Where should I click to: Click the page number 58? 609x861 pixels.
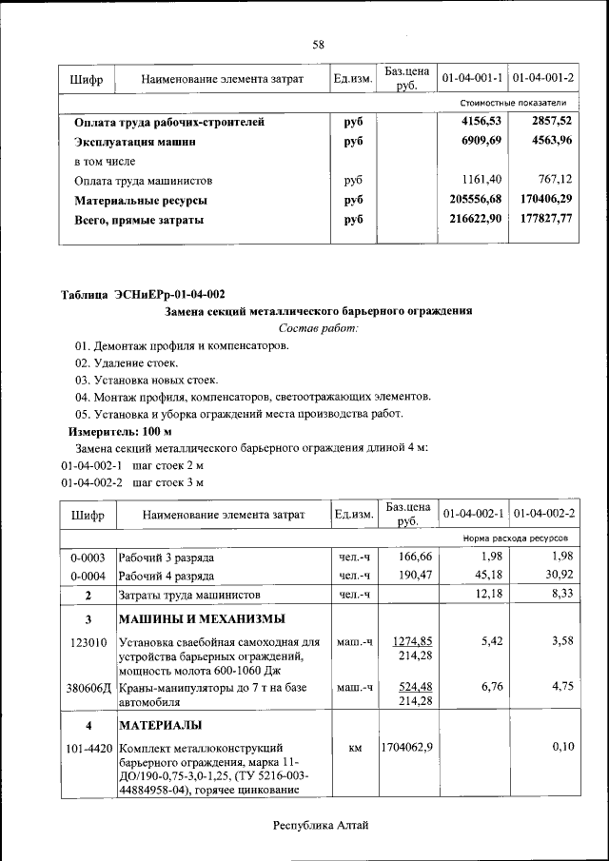coord(319,44)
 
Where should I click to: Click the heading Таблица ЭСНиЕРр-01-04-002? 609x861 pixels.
coord(143,294)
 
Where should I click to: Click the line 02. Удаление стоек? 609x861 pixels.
coord(127,362)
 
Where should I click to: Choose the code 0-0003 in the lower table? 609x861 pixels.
coord(87,557)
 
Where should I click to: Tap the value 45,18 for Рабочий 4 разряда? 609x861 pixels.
coord(487,576)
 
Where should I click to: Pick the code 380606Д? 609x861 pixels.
coord(87,688)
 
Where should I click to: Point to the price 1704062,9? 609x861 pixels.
coord(407,748)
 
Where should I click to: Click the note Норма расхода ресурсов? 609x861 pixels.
coord(515,538)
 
